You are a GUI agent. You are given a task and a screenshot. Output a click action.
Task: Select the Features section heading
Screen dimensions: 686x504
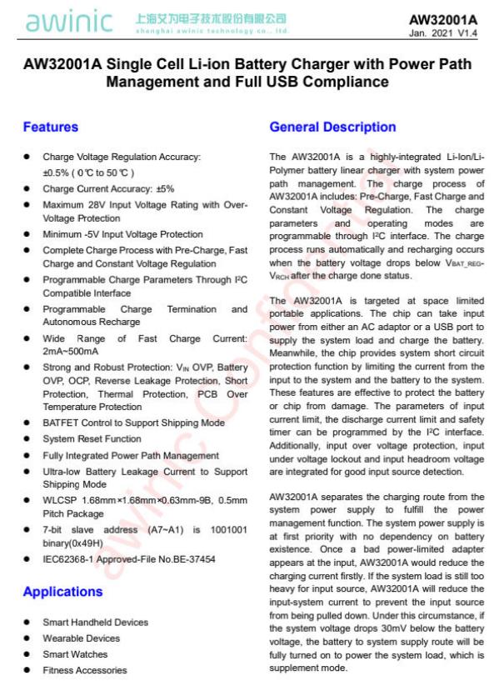51,128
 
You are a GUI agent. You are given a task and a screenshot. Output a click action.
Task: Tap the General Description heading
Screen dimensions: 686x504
332,128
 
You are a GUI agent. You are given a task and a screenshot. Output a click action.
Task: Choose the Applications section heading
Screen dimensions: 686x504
62,592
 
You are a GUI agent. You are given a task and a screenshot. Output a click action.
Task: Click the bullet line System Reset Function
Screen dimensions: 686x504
92,439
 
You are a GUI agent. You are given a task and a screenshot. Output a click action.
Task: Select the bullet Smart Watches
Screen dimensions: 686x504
75,654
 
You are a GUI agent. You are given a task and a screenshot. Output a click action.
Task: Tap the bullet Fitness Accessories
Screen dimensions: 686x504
84,670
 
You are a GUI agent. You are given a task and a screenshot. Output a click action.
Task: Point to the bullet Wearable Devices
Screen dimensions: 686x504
81,638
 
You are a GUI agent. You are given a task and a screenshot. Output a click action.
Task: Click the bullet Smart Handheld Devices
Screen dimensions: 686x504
95,623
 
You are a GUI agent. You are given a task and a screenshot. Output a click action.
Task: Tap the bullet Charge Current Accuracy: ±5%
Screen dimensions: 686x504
108,189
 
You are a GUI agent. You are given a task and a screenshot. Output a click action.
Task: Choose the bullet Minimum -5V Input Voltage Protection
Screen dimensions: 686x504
122,234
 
